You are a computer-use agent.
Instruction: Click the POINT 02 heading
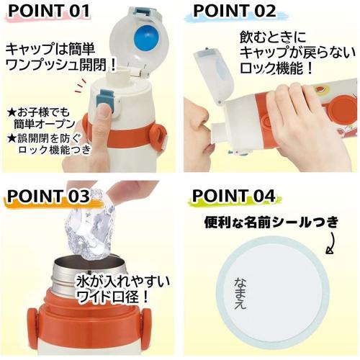pos(234,12)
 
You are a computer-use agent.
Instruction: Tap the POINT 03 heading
pos(49,196)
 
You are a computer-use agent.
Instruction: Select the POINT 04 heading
pos(235,197)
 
